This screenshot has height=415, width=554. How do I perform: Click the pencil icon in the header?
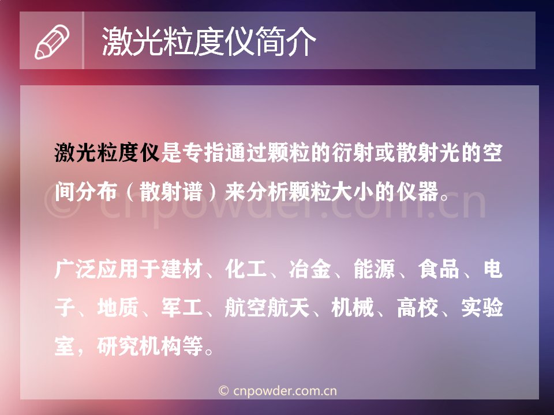point(52,41)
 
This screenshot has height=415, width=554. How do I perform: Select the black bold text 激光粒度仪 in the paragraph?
point(107,153)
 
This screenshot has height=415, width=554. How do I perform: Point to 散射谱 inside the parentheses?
point(171,191)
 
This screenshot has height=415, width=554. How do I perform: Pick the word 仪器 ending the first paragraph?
point(418,191)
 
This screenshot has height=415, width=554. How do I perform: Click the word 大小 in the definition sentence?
point(353,191)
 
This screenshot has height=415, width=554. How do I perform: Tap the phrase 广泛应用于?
point(107,269)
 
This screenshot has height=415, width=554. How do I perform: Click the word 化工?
point(246,269)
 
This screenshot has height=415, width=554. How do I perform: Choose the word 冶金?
point(310,269)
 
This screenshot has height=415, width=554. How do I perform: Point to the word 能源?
point(375,269)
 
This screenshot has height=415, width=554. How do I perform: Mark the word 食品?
point(439,269)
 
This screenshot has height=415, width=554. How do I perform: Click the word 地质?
point(118,307)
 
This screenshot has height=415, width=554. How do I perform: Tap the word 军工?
point(182,307)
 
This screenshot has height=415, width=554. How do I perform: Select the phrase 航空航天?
point(267,307)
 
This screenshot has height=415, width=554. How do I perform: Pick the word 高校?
point(418,307)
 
